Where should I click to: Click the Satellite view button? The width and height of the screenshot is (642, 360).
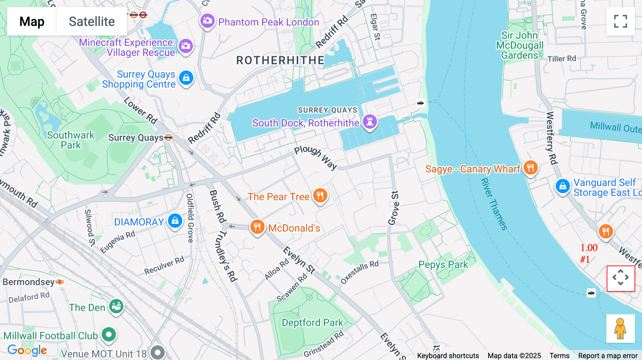point(92,21)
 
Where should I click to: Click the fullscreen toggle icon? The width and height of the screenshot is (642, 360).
point(620,21)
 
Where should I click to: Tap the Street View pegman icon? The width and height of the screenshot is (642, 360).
point(620,329)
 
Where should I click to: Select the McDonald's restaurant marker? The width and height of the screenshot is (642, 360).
point(257,227)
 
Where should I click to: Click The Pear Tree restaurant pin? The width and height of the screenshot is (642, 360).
point(320,195)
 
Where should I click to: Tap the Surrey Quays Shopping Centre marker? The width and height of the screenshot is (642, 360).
point(186,78)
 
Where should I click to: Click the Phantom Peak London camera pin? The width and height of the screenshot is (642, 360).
point(207,21)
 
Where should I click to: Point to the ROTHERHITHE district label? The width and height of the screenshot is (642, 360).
point(280,60)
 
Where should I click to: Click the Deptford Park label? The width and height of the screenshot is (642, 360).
point(312,323)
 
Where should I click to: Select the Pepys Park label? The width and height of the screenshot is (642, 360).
point(443,264)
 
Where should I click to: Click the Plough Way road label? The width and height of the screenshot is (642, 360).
point(315,157)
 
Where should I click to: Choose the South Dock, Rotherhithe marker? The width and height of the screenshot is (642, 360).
point(370,122)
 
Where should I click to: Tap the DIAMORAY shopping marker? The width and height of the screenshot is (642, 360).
point(175,221)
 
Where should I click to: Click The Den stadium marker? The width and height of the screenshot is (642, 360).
point(116,306)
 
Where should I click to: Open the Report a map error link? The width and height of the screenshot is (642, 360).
point(608,355)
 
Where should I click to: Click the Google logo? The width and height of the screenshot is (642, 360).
point(27,350)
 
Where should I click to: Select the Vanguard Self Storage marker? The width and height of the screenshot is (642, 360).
point(562,186)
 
